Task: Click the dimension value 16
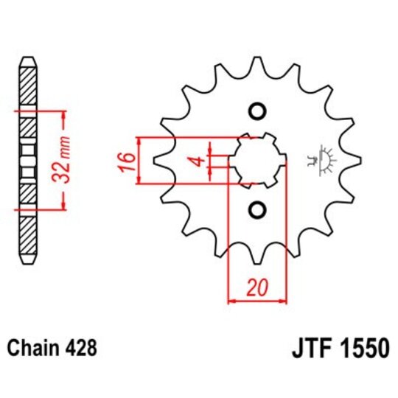[x=126, y=159]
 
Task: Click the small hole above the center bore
[x=257, y=111]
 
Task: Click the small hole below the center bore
[x=257, y=211]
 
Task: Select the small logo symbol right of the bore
[x=323, y=159]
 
